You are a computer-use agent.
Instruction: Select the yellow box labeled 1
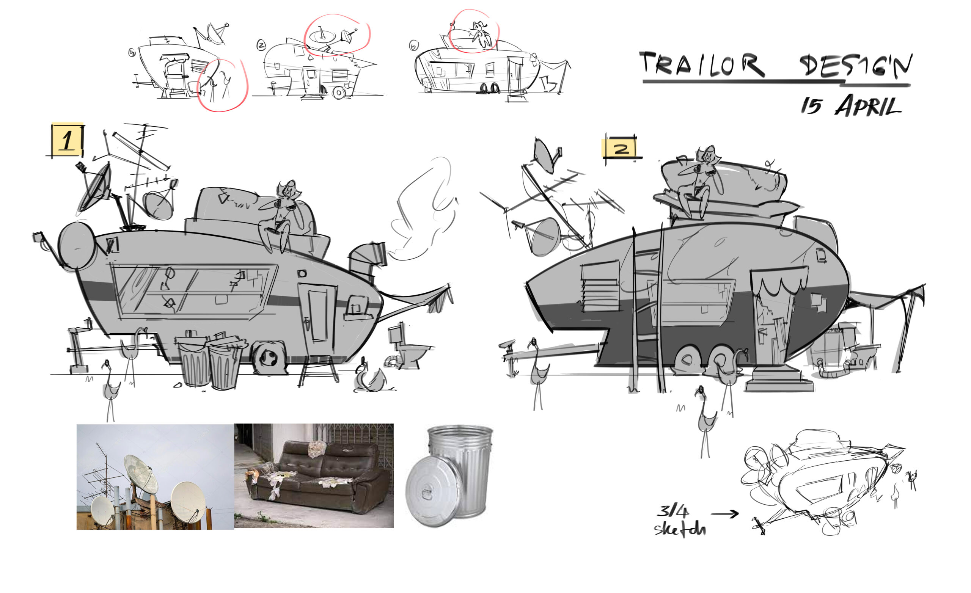68,140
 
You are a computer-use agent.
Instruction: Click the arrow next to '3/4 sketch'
724,513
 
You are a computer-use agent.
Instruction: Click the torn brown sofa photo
314,475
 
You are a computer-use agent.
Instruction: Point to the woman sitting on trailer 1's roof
282,215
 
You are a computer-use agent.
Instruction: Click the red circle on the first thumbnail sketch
222,84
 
